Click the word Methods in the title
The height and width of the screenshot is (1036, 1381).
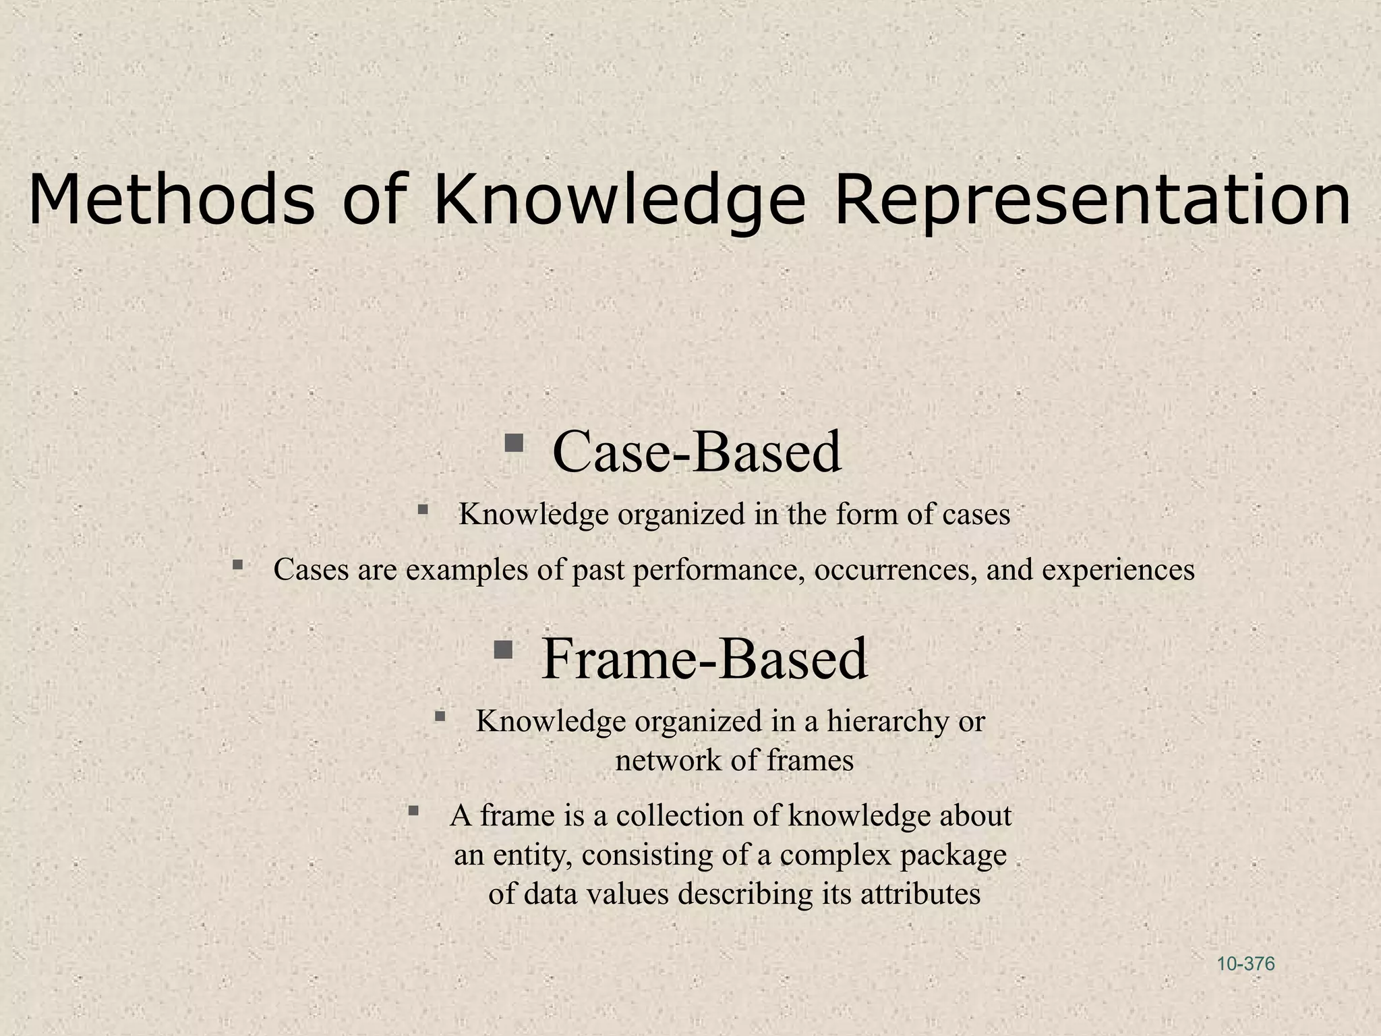point(172,200)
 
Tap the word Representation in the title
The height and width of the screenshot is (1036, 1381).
point(1092,200)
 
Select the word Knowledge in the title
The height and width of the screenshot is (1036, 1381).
point(619,200)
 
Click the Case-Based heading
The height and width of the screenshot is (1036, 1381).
point(697,451)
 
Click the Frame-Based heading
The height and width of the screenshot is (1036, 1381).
point(704,658)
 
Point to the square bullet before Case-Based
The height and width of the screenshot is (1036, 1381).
point(514,443)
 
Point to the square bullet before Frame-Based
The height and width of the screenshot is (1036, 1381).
point(503,650)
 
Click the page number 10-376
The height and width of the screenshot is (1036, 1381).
point(1245,964)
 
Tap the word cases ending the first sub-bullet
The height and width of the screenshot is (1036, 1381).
point(976,515)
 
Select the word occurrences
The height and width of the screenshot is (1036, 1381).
point(895,570)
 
